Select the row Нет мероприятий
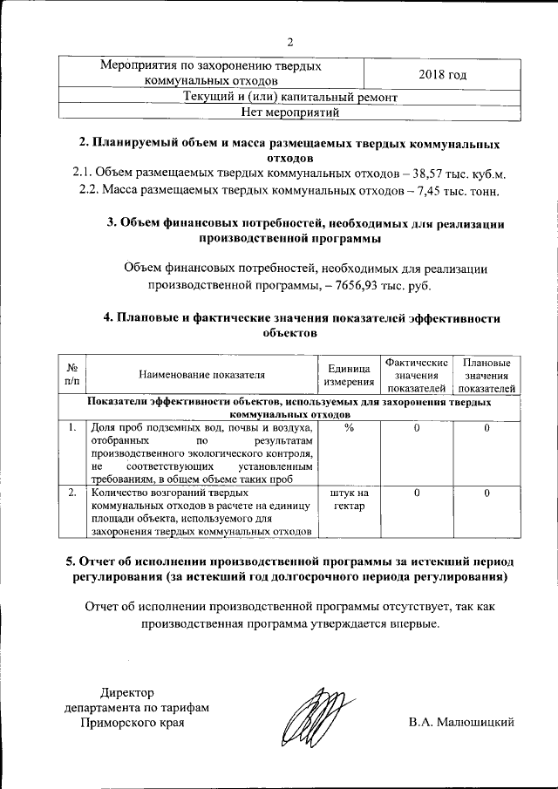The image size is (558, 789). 290,112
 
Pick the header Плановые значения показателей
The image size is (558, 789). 487,375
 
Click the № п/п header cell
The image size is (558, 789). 71,375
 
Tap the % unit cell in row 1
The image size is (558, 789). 348,428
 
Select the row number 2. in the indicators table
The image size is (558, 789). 71,493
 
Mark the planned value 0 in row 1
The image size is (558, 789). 487,428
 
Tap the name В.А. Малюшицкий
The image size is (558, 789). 461,723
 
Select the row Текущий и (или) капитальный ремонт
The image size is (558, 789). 290,97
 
